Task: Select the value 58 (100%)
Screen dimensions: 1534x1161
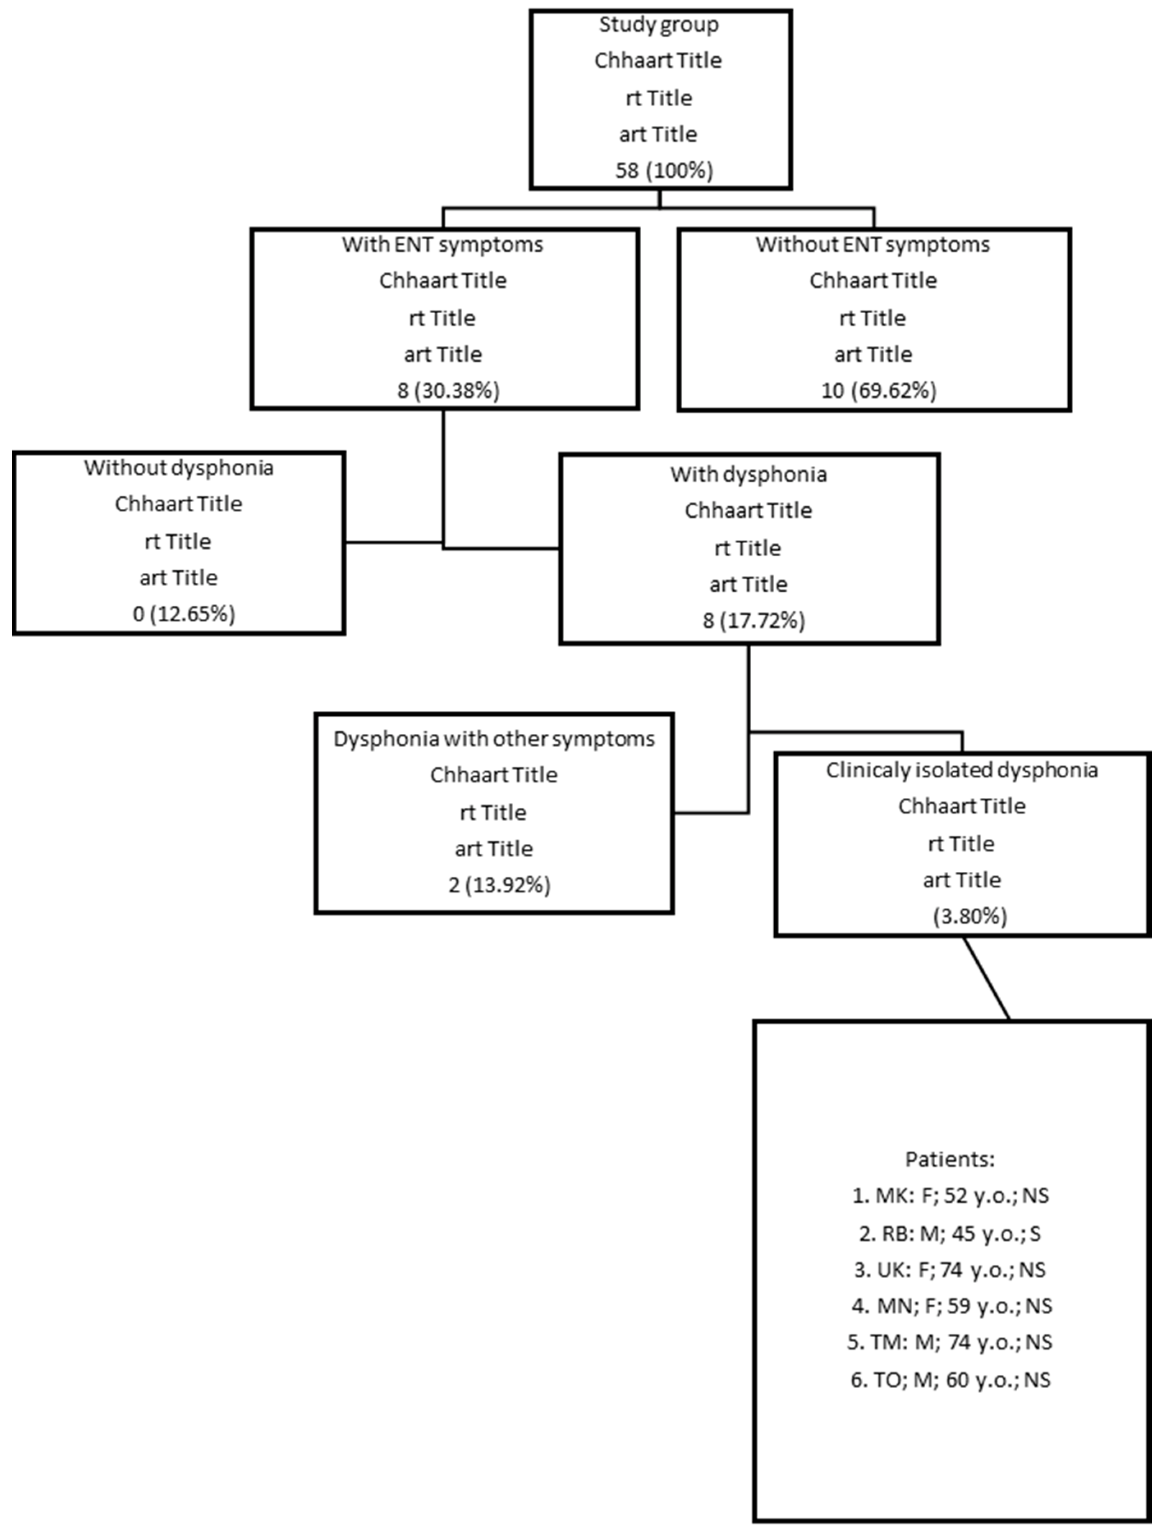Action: (x=664, y=170)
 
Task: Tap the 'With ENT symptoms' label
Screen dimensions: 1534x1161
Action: (x=443, y=245)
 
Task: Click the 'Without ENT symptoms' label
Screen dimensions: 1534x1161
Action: (x=872, y=245)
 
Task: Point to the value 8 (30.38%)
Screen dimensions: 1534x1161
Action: (x=448, y=390)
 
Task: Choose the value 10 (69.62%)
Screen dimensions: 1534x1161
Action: (x=878, y=390)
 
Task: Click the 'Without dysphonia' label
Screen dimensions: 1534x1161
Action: (x=179, y=468)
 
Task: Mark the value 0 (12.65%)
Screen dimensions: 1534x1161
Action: (x=184, y=614)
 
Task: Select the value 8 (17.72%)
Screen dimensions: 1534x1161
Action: (x=753, y=620)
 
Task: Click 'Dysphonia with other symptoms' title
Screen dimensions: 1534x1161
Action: (x=494, y=739)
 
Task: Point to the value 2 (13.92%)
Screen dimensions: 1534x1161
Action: (x=499, y=885)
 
